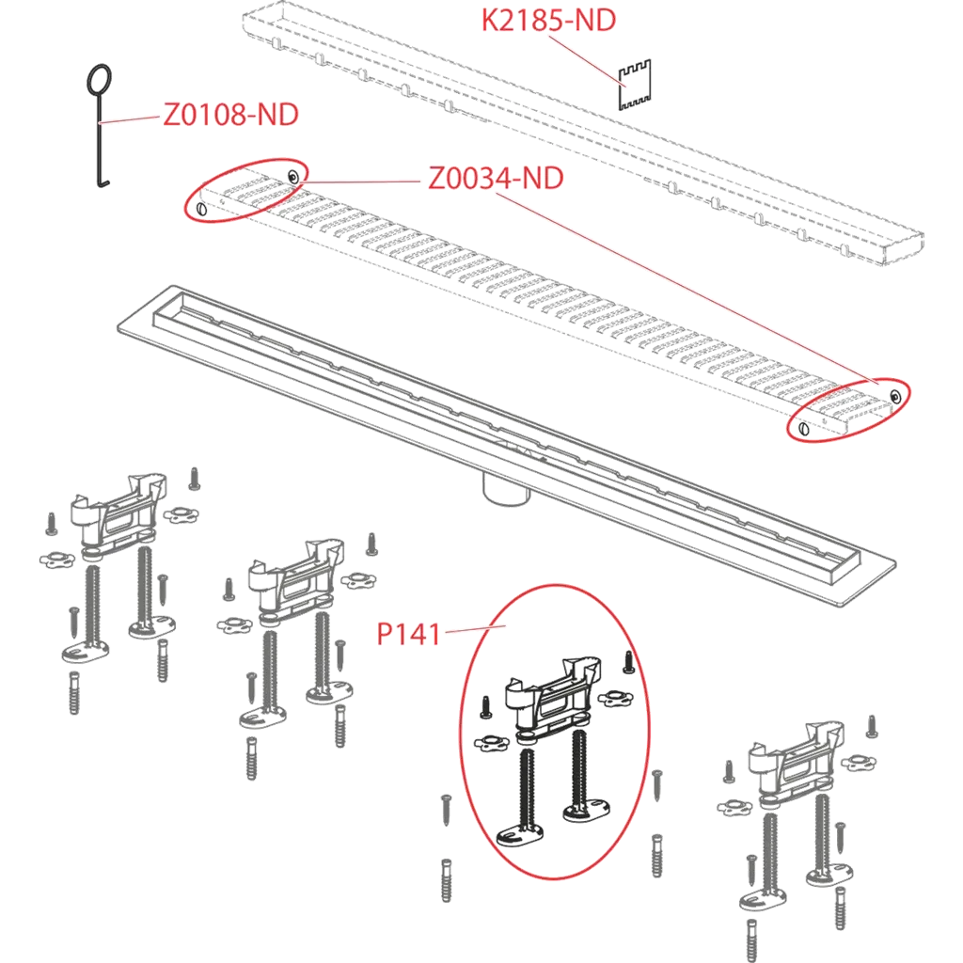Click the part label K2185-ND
548,21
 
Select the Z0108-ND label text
230,115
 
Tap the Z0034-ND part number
496,179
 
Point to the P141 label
408,635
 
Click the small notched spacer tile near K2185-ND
634,85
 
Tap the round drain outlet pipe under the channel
505,489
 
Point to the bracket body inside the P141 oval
551,696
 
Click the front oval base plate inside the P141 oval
519,835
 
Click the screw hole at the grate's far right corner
895,396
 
